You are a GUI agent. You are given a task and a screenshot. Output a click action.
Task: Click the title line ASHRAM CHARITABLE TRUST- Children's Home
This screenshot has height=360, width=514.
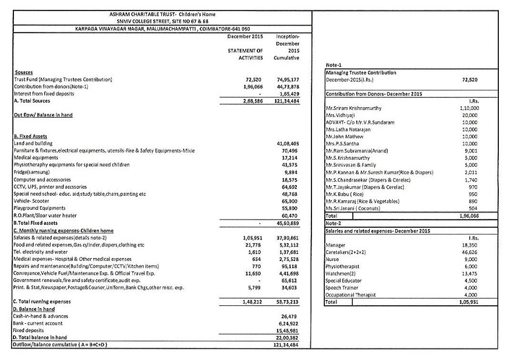162,14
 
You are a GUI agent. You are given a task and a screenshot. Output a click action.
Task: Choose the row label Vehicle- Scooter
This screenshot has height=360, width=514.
32,200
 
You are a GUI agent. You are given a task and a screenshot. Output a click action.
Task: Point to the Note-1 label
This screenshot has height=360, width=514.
334,65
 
